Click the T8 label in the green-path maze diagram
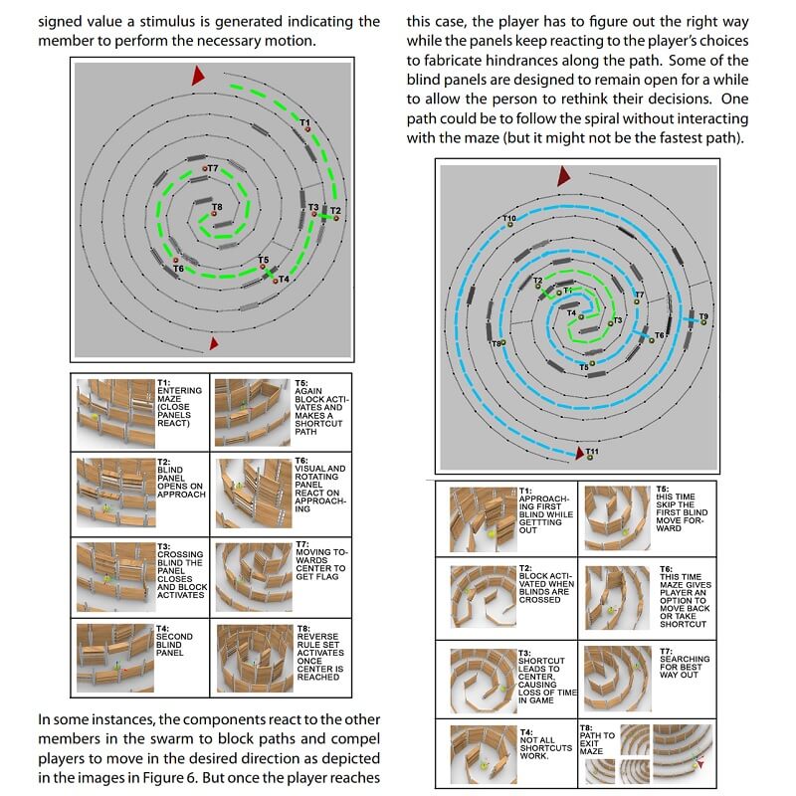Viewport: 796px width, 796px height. pos(217,207)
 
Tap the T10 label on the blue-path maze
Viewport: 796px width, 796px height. pos(508,218)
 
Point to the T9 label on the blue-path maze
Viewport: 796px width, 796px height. pos(703,316)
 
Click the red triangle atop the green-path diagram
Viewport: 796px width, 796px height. pos(198,76)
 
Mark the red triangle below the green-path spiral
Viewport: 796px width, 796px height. pos(213,344)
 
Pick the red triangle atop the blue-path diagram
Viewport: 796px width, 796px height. pos(563,176)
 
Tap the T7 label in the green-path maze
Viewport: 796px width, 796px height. pos(212,169)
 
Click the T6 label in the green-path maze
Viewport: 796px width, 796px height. pos(179,269)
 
